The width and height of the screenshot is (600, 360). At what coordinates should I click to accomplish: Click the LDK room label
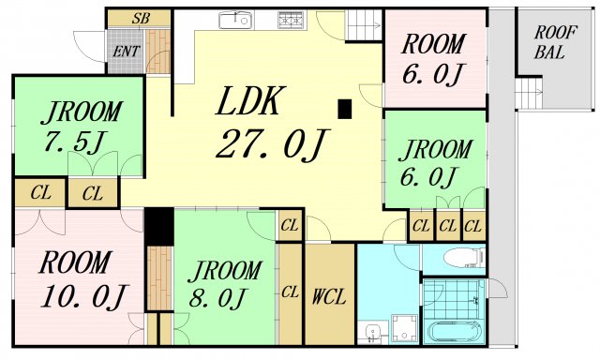coord(250,100)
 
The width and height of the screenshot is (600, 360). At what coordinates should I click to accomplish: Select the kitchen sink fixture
coord(235,20)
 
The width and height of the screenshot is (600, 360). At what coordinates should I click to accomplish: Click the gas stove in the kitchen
coord(292,20)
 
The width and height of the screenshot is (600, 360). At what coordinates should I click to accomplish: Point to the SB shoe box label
coord(141,18)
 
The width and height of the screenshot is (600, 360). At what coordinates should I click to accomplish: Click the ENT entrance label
coord(126,51)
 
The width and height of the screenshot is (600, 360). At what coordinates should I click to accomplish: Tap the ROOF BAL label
coord(554,42)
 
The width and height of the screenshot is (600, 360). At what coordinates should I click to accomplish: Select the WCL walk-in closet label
coord(329,296)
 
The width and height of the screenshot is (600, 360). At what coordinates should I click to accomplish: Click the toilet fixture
coord(464,257)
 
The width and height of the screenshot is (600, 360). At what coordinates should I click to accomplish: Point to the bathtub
coord(454,331)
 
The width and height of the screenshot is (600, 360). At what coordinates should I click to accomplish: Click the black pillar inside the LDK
coord(344,109)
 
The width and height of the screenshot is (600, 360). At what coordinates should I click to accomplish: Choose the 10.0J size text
coord(83,297)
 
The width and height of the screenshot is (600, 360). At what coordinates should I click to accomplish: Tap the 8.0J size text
coord(217,298)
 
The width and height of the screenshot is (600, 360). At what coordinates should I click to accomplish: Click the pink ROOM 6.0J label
coord(433,58)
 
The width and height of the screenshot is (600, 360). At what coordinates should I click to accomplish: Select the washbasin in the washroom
coord(371,333)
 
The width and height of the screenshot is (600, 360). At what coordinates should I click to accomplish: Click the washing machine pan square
coord(404,327)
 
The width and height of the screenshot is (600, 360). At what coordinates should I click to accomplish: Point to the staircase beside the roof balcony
coord(528,93)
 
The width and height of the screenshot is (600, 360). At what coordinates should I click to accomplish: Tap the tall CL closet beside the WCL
coord(290,293)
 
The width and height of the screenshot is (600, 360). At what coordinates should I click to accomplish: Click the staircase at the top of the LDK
coord(364,25)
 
